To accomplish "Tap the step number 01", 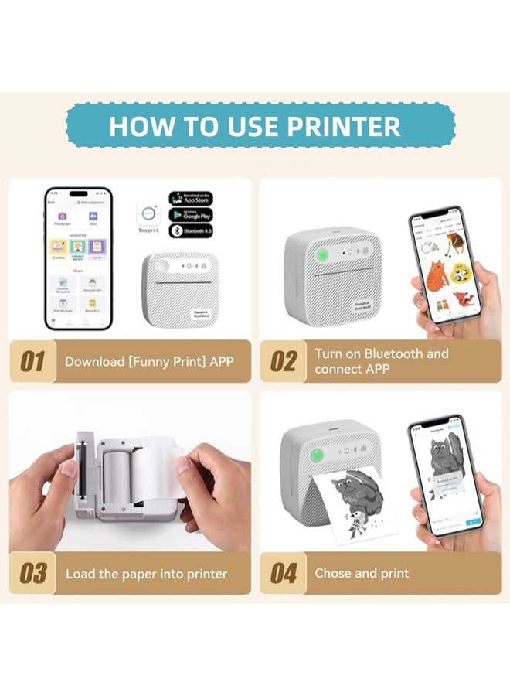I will [32, 362].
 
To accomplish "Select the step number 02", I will [283, 362].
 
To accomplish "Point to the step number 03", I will [32, 574].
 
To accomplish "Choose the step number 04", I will [284, 574].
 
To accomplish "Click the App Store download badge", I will [191, 198].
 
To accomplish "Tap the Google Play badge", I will [191, 215].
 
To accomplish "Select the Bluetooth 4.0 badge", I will [191, 231].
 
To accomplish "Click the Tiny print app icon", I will [148, 213].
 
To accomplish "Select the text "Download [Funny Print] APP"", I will [148, 361].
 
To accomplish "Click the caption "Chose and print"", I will [362, 573].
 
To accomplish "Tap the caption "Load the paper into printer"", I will [146, 574].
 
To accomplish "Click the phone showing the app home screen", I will [78, 259].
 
